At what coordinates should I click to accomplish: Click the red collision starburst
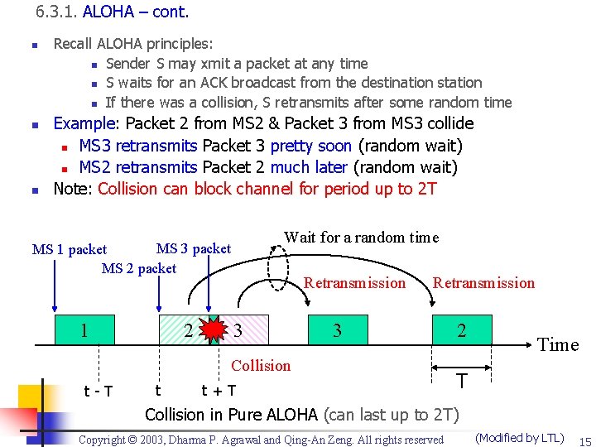tap(214, 330)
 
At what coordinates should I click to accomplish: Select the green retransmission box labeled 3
tap(338, 330)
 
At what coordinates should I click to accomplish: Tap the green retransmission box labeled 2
tap(462, 330)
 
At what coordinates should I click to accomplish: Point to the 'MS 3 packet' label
tap(194, 248)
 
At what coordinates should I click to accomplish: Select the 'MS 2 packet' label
tap(138, 267)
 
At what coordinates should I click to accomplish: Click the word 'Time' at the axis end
tap(558, 345)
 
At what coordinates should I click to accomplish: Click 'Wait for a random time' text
tap(361, 238)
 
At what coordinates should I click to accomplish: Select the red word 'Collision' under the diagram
tap(261, 365)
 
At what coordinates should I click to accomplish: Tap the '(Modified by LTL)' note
tap(520, 438)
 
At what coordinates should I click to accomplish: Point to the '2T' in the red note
tap(426, 189)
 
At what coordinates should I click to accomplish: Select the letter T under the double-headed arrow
tap(462, 381)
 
